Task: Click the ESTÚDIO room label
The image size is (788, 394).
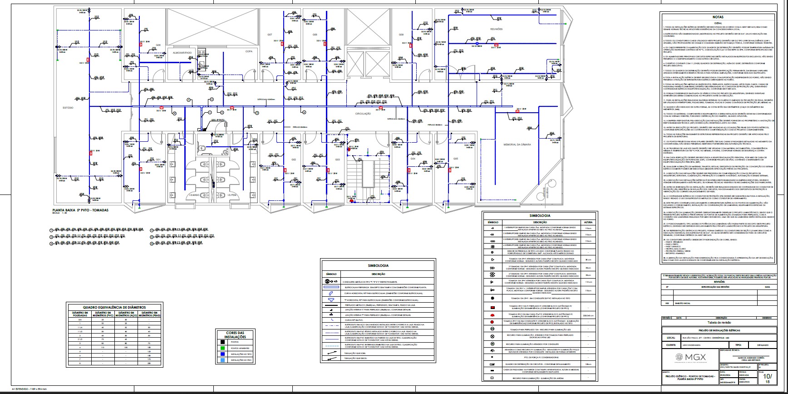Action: (x=68, y=107)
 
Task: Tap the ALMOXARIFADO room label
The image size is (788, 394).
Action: (x=182, y=53)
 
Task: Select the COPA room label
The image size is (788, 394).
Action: (x=249, y=51)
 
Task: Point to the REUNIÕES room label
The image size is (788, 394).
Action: (x=497, y=29)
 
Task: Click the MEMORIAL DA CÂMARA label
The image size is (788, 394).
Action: (x=517, y=145)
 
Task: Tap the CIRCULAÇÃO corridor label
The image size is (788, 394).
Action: (x=363, y=113)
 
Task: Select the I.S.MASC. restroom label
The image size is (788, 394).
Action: (x=195, y=195)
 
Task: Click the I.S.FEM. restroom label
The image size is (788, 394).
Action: (x=232, y=195)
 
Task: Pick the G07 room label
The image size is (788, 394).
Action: (x=269, y=35)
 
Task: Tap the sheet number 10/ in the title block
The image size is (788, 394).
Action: (x=768, y=376)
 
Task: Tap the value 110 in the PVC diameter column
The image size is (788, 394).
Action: (x=103, y=347)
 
